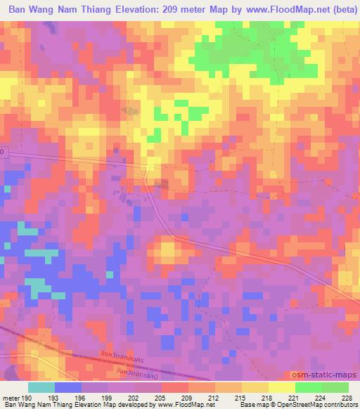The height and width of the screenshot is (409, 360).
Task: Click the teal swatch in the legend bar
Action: (41, 387)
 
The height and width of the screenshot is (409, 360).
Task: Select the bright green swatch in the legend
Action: (309, 387)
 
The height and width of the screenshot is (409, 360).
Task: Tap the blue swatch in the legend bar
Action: (68, 387)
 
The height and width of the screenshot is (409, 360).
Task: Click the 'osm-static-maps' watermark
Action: (330, 376)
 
